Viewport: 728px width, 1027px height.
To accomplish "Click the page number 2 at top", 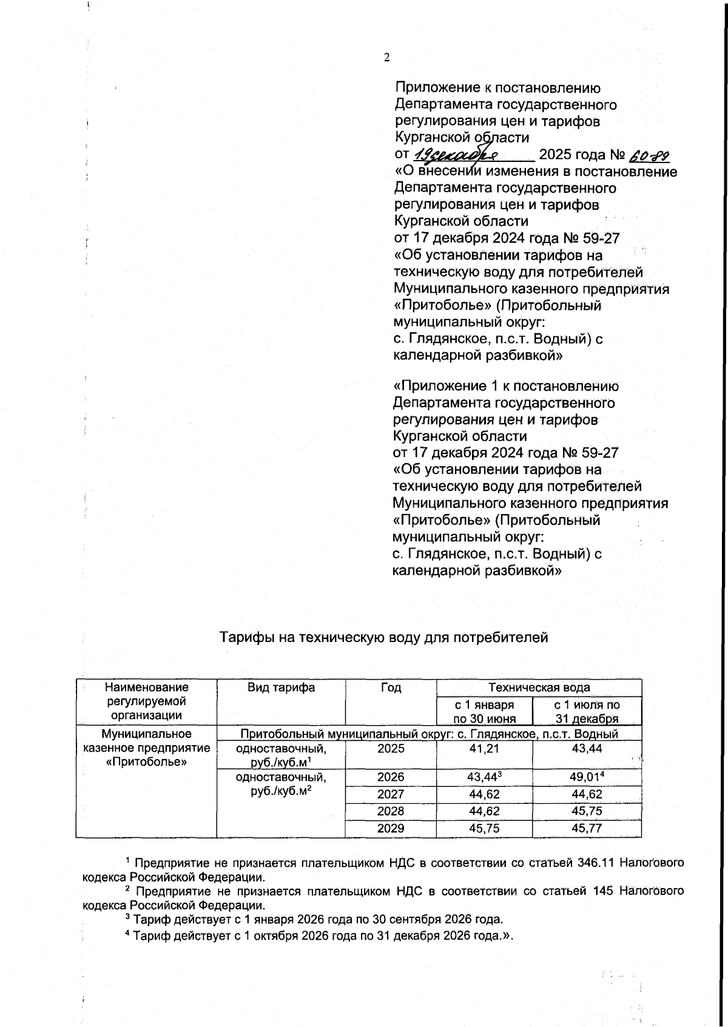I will [x=386, y=58].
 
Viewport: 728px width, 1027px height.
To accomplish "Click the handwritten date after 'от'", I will [x=461, y=155].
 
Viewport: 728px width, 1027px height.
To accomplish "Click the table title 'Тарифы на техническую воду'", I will [x=383, y=637].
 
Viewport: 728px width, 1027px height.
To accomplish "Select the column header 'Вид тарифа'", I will [x=281, y=687].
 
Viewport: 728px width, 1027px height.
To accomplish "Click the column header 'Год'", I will [x=391, y=687].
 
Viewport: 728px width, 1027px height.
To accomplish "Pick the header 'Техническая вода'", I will [x=539, y=687].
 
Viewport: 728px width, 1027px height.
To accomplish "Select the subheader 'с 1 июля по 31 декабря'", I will [x=587, y=712].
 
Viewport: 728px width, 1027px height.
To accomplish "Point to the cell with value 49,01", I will [x=587, y=777].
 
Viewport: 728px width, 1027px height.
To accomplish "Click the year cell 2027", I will [x=391, y=794].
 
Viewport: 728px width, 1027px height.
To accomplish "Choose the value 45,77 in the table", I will [x=587, y=828].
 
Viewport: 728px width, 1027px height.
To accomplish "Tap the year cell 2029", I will [x=391, y=828].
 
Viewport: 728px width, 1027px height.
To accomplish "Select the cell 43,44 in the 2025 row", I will [x=587, y=748].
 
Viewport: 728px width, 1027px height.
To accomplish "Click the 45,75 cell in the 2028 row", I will [x=587, y=811].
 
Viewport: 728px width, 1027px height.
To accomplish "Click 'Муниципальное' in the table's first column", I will [x=147, y=734].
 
